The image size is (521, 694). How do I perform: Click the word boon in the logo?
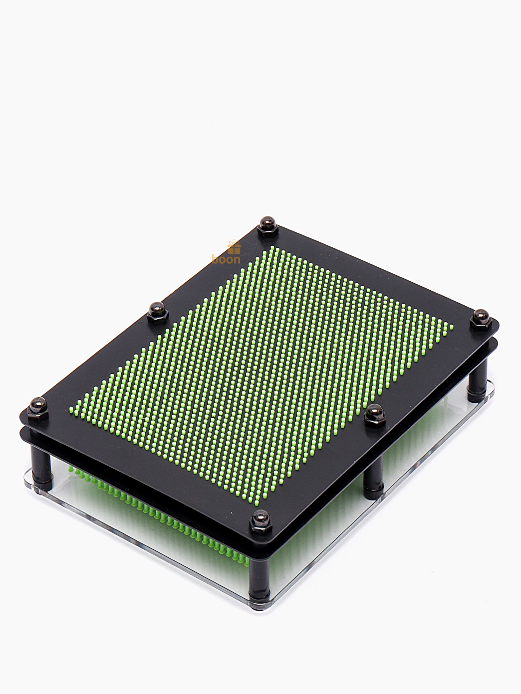click(x=226, y=259)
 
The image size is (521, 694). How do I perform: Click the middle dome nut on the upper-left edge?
click(x=157, y=311)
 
